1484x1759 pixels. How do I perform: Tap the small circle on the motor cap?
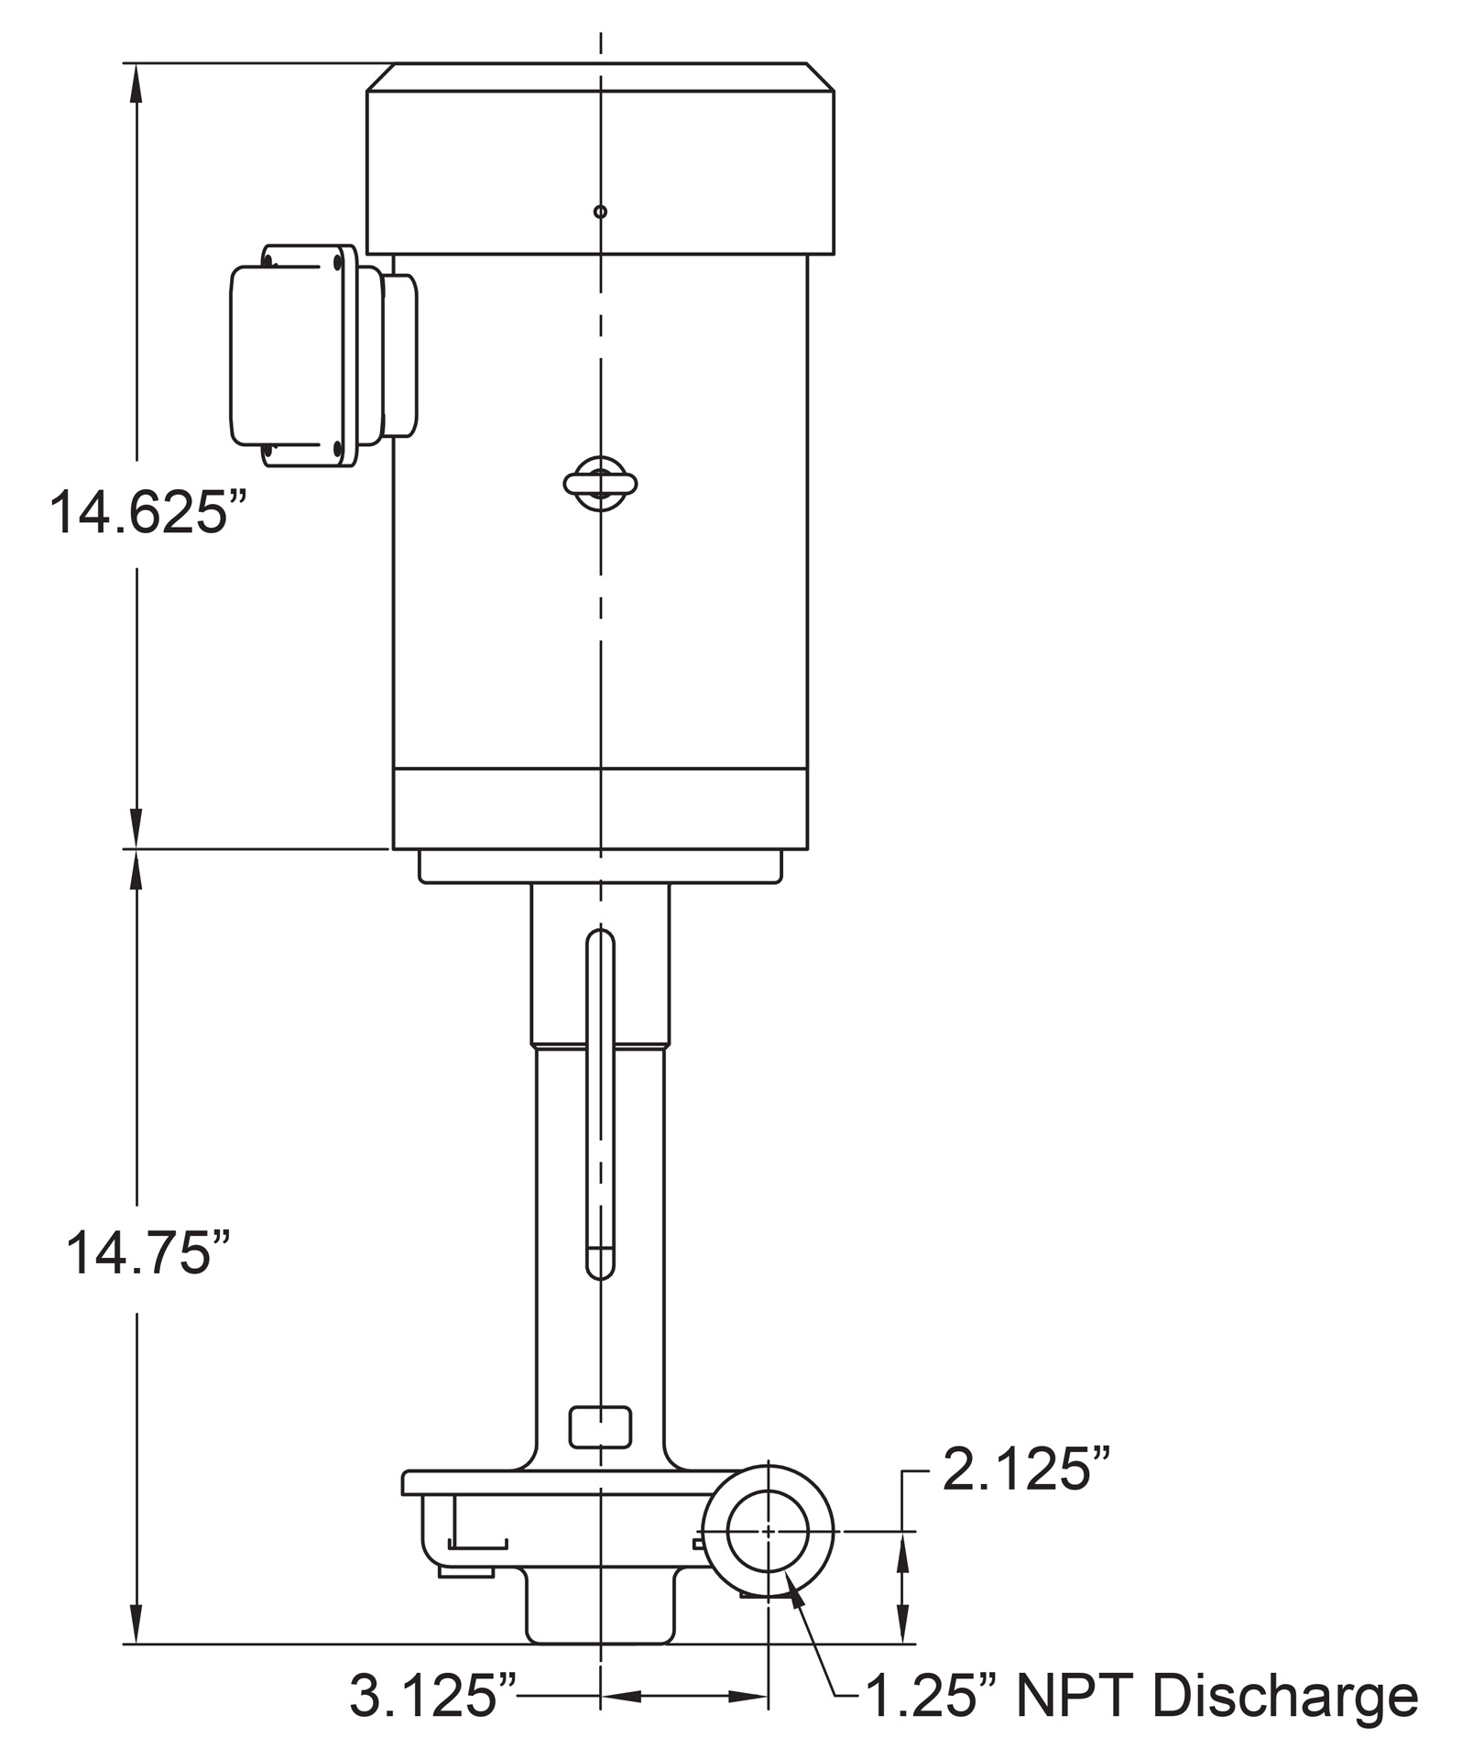(600, 212)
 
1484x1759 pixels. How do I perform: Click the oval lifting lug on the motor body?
(600, 482)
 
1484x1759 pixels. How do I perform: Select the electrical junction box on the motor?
(322, 355)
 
